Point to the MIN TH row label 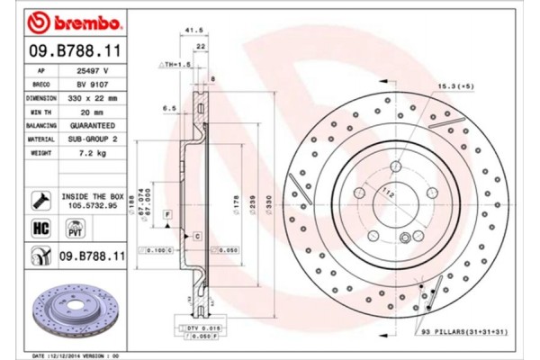click(x=42, y=109)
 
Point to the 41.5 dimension click(x=189, y=31)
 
